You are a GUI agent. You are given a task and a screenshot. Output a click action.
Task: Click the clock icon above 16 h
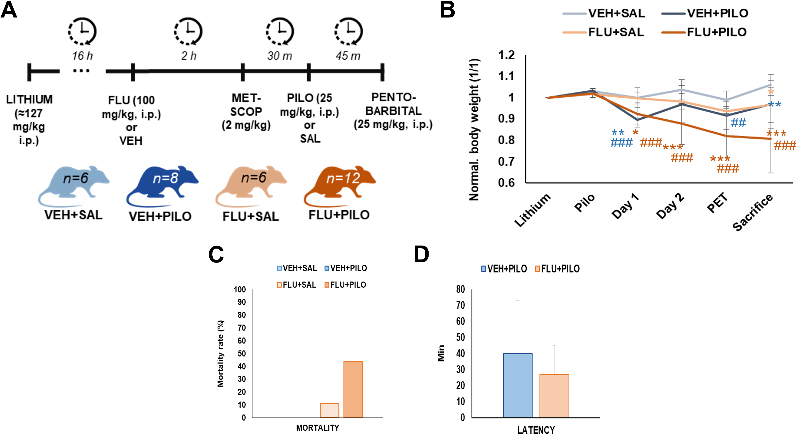[x=82, y=31]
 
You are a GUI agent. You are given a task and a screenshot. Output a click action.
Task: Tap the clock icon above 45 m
[x=348, y=31]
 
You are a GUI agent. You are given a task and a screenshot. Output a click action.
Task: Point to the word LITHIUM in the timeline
[x=29, y=99]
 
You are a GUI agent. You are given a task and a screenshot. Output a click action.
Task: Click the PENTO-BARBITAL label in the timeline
[x=393, y=104]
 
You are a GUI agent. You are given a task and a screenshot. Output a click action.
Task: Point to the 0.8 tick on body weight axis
[x=506, y=140]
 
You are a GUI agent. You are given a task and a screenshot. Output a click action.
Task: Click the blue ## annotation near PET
[x=738, y=123]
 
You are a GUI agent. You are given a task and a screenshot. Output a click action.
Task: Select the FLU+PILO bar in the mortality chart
[x=353, y=389]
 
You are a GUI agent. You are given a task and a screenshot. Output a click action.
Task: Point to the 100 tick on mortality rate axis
[x=240, y=290]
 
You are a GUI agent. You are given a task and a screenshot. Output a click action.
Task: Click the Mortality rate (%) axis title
[x=221, y=353]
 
